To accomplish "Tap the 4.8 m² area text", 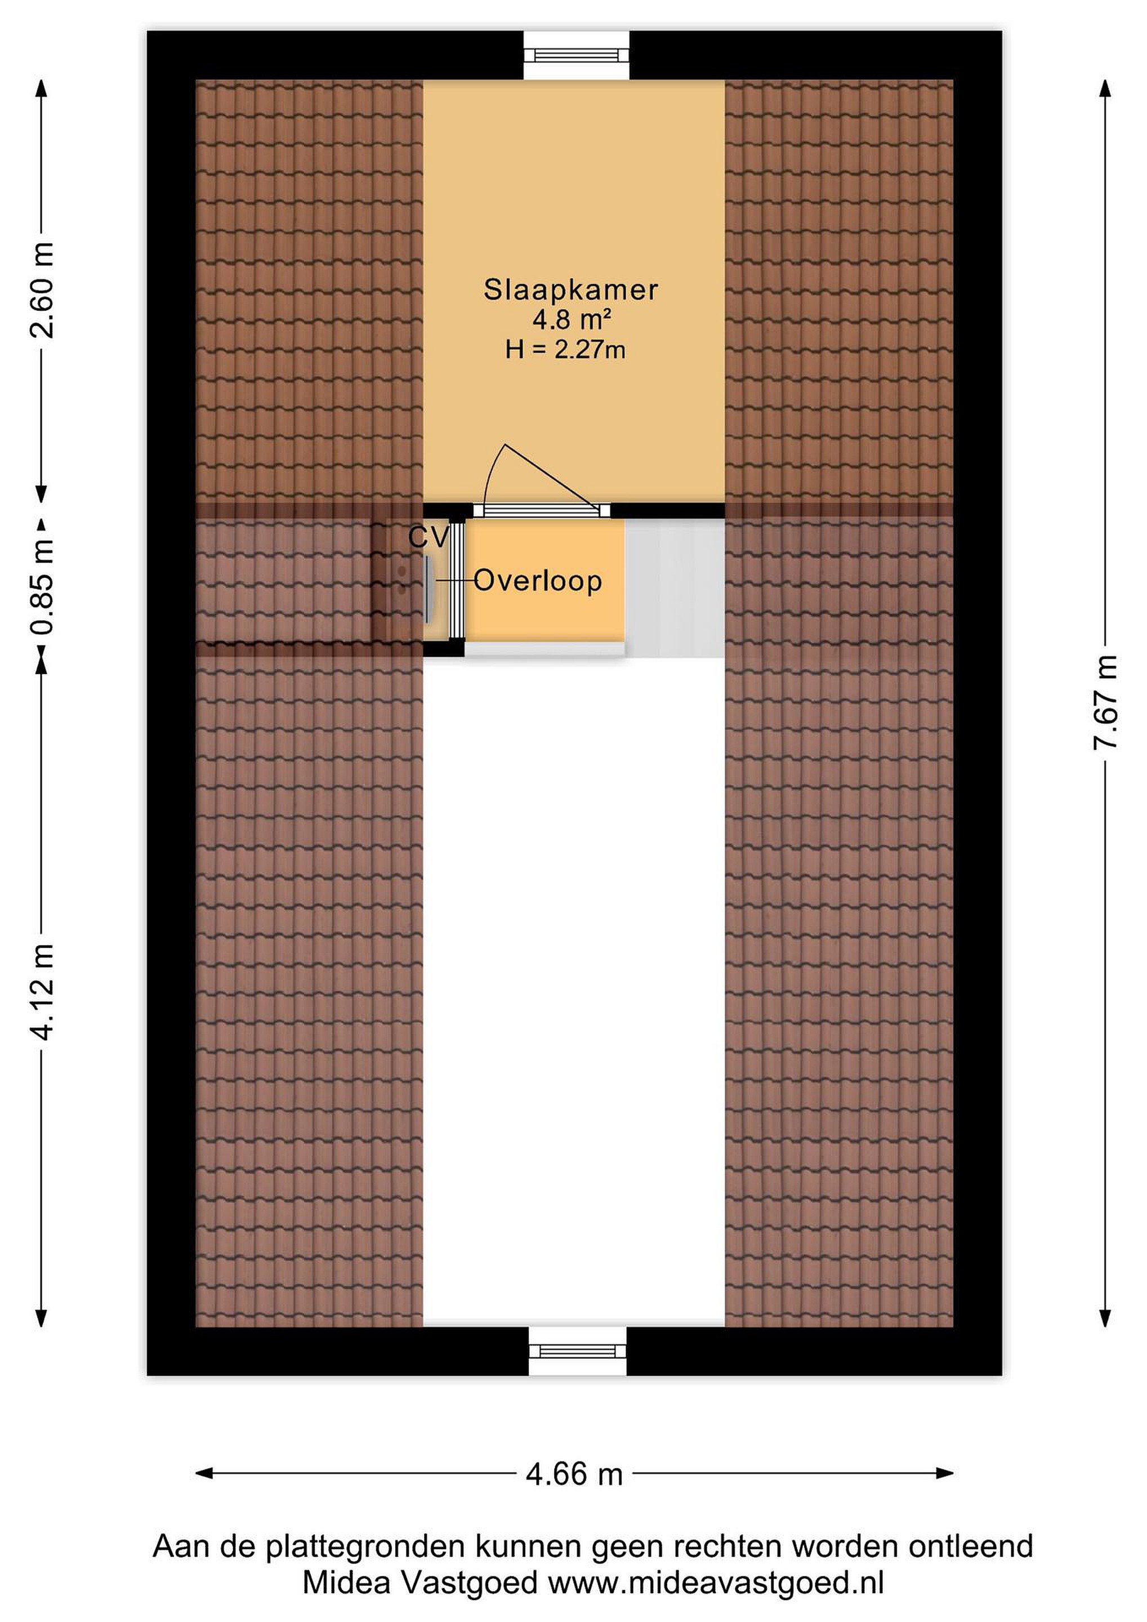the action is click(x=572, y=320).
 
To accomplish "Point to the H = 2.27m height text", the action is click(x=565, y=350).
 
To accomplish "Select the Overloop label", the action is click(x=538, y=581).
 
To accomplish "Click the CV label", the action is click(x=429, y=538).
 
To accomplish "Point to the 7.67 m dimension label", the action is click(x=1105, y=702).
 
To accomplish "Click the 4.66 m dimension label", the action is click(x=574, y=1474).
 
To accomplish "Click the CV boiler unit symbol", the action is click(x=429, y=590).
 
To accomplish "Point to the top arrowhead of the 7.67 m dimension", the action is click(x=1105, y=88).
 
